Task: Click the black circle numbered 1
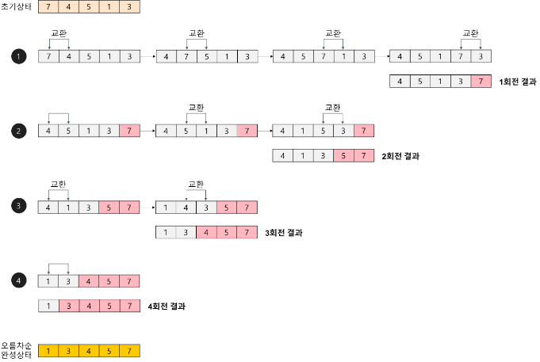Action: click(17, 56)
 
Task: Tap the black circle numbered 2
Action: click(17, 131)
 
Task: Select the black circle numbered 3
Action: click(17, 207)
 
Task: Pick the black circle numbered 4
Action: click(17, 280)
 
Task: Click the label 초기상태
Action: click(17, 7)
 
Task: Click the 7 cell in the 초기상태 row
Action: click(48, 7)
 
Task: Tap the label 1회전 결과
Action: click(519, 82)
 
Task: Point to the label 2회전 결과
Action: click(400, 156)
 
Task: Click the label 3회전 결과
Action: click(283, 233)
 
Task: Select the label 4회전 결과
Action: click(167, 306)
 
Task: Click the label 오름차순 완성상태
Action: click(17, 350)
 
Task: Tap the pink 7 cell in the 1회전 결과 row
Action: click(481, 81)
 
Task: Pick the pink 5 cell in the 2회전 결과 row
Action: click(343, 155)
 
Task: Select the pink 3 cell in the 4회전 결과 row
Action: click(69, 305)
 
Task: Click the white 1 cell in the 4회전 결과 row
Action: click(48, 305)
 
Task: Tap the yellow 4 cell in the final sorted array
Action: click(89, 351)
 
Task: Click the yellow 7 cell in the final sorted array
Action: click(129, 351)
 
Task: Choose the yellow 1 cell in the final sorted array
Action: click(48, 351)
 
